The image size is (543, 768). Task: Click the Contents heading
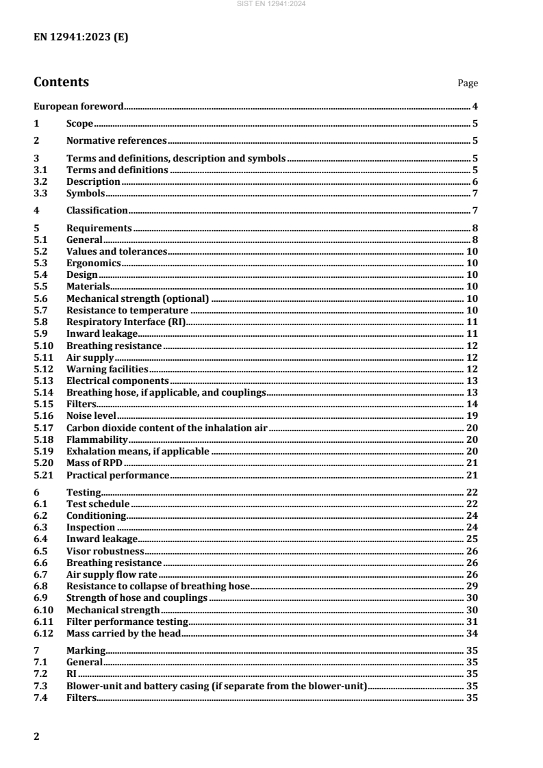point(61,83)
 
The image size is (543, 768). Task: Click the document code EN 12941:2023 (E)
point(81,37)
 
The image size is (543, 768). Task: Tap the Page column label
point(468,84)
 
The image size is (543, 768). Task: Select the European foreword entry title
point(79,107)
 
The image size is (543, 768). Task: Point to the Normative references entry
point(116,141)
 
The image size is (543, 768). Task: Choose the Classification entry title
point(97,210)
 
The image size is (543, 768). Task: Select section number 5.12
point(42,369)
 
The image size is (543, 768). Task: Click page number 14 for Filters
point(472,404)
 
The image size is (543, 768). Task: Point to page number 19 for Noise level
point(472,415)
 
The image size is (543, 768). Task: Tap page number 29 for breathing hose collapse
point(472,586)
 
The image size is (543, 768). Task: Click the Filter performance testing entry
point(127,621)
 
